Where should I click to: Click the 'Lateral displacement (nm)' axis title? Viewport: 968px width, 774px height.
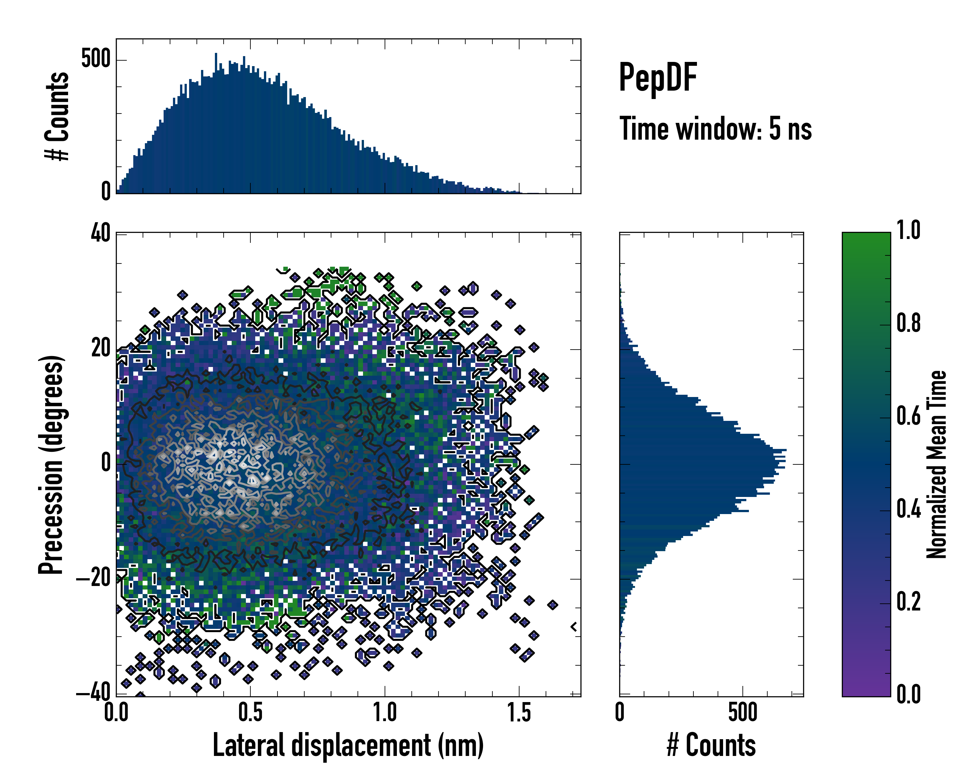pos(348,745)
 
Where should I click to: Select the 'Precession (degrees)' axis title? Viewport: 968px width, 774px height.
pos(51,464)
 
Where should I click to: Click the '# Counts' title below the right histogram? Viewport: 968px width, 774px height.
pos(711,745)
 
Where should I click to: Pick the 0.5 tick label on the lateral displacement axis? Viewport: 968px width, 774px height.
pos(250,712)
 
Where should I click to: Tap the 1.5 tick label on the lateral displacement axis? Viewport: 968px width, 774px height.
pos(519,712)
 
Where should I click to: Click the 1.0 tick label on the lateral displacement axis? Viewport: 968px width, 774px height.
pos(385,712)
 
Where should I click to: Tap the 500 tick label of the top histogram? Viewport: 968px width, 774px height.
pos(96,59)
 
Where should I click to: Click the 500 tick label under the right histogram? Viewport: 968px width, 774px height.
pos(742,712)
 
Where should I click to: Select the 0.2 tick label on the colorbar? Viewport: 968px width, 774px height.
pos(908,602)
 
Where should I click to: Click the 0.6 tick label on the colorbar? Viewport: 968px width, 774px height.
pos(908,416)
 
